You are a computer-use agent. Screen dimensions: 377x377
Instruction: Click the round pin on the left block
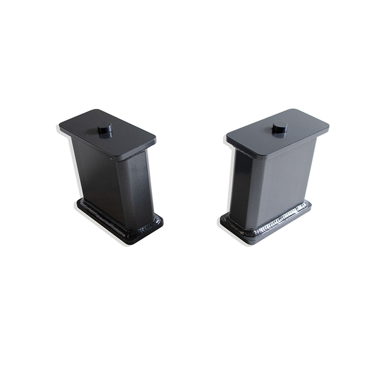click(105, 129)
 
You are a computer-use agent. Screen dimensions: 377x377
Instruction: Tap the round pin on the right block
click(279, 127)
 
